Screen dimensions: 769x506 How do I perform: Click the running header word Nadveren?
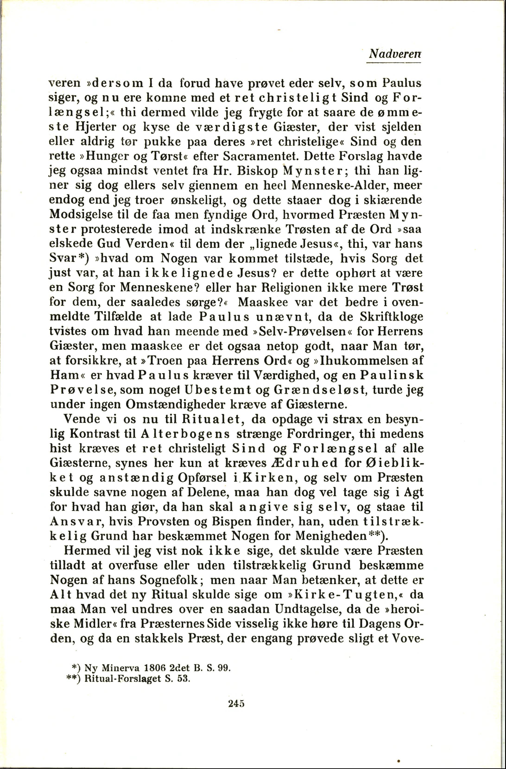tap(395, 53)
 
